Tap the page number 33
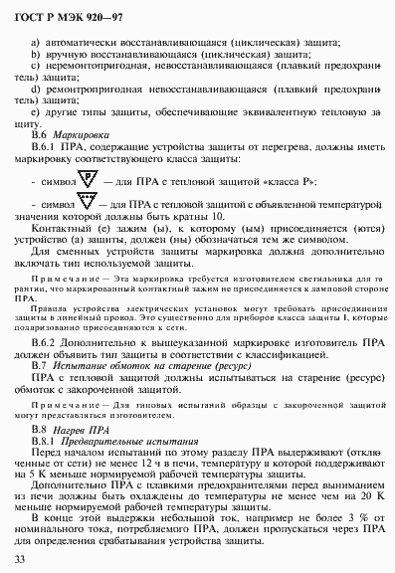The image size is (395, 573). coord(21,560)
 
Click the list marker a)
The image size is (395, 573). coord(37,42)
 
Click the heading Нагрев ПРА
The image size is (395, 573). coord(81,429)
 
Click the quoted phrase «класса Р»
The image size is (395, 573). coord(290,182)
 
